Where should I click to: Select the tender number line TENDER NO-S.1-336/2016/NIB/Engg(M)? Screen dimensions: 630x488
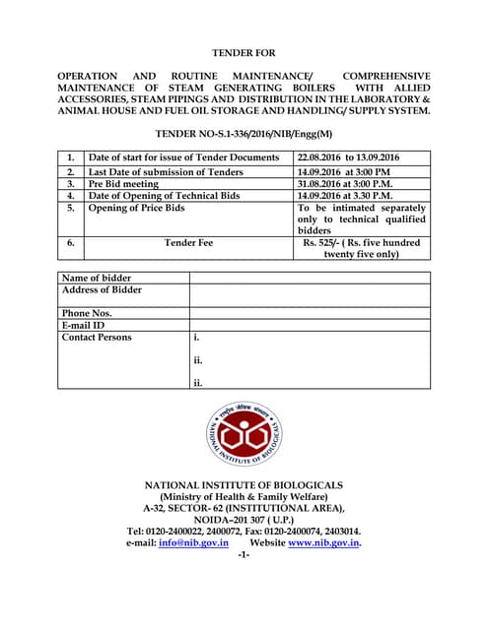tap(244, 132)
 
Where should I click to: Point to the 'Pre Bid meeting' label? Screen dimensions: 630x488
tap(123, 183)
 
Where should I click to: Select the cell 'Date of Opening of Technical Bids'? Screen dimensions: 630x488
tap(164, 195)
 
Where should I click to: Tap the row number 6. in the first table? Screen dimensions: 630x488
tap(71, 243)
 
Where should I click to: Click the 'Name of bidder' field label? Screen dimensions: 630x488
tap(97, 278)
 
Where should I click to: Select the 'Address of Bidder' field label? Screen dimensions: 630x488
tap(102, 289)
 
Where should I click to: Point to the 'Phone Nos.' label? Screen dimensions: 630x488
tap(87, 313)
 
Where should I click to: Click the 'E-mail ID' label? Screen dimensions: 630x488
tap(83, 325)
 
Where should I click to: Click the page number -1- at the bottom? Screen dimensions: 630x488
tap(244, 555)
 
